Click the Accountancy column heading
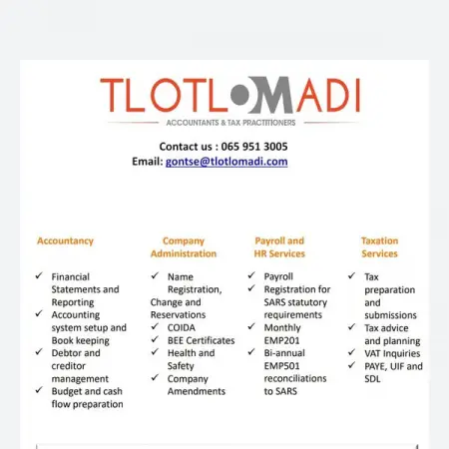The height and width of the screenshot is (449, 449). tap(65, 240)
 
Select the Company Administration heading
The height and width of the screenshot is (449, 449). tap(183, 246)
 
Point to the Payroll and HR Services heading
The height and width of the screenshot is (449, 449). tap(279, 246)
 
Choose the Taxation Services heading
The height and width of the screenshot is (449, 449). tap(379, 246)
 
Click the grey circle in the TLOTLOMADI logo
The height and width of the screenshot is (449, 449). tap(242, 96)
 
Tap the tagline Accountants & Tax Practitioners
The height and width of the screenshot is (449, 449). tap(229, 123)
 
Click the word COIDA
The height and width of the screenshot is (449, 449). tap(182, 327)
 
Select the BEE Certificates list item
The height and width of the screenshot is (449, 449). tap(200, 340)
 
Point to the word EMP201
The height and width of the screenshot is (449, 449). tap(282, 340)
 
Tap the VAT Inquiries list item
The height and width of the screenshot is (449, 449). tap(393, 353)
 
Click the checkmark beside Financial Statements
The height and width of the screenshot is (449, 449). tap(37, 276)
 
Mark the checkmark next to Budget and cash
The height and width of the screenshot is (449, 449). tap(37, 391)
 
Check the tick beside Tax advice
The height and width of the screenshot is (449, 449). tap(352, 327)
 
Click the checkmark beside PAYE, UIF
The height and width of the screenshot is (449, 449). tap(352, 366)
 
